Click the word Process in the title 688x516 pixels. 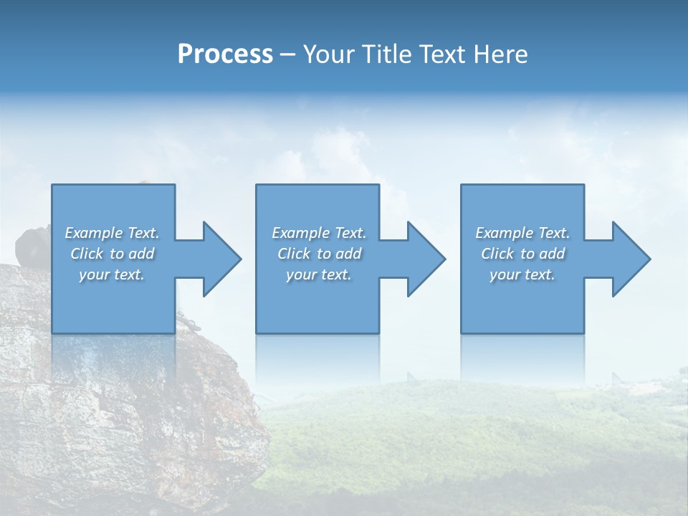(x=225, y=54)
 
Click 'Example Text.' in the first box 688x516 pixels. (x=112, y=233)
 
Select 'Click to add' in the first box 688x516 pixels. (x=112, y=254)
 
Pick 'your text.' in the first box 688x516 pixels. (x=112, y=274)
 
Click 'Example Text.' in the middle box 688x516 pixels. (x=318, y=233)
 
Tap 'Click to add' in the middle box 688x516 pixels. (x=318, y=254)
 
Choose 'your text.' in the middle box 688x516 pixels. (x=318, y=274)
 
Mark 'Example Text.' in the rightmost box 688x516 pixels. (x=522, y=233)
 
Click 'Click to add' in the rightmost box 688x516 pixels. (x=522, y=254)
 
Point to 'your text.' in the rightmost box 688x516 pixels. (x=522, y=274)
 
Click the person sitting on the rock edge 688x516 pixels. (x=32, y=244)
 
